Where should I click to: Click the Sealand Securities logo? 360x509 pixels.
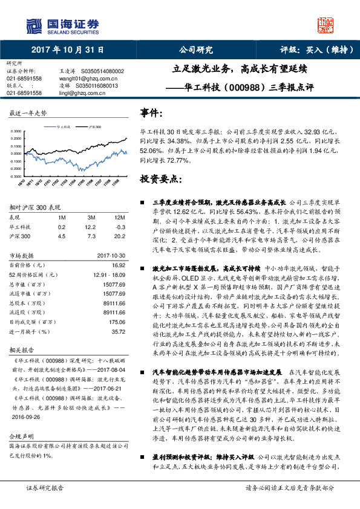coord(61,25)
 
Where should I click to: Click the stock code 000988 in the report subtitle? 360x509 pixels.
coord(249,86)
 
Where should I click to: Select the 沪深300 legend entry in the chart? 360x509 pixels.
coord(94,128)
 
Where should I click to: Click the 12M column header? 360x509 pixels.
coord(120,217)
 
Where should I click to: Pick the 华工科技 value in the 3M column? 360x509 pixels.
coord(93,227)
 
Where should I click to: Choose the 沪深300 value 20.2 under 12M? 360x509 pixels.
coord(120,236)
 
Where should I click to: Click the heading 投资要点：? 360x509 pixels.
coord(161,180)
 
